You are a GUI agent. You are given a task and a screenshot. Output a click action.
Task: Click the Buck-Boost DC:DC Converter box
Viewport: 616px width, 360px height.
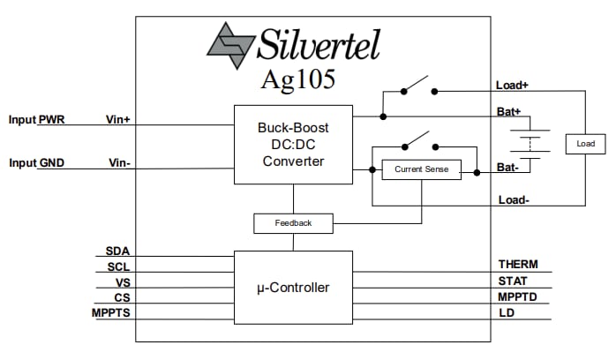point(293,144)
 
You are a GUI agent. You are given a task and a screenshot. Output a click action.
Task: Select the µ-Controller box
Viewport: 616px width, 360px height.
point(293,287)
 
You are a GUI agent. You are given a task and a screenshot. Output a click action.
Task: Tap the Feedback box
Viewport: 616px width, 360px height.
point(294,223)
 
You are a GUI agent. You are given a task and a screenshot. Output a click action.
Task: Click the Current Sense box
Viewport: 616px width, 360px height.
point(421,169)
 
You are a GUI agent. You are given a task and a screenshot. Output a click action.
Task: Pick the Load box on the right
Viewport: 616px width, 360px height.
point(586,144)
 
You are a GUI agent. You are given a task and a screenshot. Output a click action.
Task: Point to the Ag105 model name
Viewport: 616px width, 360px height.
point(297,79)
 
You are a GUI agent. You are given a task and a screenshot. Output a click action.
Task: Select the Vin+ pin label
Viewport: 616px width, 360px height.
point(118,119)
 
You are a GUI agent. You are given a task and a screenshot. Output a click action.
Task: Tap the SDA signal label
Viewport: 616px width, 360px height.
point(117,251)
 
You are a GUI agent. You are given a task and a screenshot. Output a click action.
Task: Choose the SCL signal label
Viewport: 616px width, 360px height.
point(118,266)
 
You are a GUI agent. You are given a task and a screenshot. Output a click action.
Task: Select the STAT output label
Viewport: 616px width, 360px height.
point(513,281)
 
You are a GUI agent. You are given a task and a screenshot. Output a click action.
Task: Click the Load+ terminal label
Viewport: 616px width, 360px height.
point(513,86)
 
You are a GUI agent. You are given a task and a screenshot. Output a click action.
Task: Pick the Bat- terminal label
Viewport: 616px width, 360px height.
point(507,167)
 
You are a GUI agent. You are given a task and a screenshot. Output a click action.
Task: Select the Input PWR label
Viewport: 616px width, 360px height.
point(42,119)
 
